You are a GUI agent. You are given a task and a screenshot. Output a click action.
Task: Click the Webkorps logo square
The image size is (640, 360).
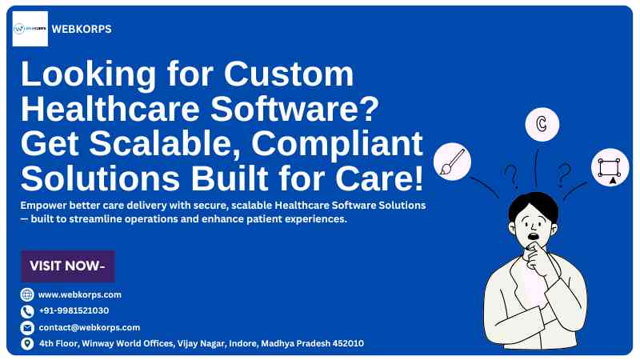click(x=30, y=29)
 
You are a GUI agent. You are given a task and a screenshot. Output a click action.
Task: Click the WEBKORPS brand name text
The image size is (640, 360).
click(x=82, y=29)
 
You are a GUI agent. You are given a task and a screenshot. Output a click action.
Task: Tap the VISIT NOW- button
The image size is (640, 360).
click(x=68, y=266)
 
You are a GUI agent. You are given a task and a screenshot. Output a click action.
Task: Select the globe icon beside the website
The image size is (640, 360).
click(x=27, y=294)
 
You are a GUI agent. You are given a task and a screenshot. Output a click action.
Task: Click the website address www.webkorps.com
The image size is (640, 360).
click(x=79, y=294)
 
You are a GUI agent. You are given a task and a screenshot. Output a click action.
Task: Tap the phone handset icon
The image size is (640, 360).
click(x=27, y=311)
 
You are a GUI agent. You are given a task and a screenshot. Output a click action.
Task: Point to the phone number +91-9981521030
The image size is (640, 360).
click(x=74, y=310)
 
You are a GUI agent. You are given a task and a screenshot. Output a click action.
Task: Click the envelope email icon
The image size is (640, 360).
click(x=27, y=328)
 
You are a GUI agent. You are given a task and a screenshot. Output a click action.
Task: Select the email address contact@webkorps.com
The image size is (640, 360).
click(x=90, y=327)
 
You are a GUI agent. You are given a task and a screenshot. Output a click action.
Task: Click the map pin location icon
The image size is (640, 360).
click(x=27, y=344)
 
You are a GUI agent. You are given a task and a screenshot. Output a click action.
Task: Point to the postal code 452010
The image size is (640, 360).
click(x=348, y=343)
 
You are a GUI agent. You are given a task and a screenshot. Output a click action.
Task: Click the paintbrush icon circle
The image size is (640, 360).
click(x=452, y=162)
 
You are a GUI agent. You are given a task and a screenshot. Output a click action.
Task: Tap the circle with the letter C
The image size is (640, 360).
click(x=542, y=124)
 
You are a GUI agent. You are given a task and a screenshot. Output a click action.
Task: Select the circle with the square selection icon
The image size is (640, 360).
click(x=610, y=167)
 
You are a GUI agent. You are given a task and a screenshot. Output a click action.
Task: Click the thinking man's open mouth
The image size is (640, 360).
click(x=533, y=236)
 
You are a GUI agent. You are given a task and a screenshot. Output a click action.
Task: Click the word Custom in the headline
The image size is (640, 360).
click(x=289, y=74)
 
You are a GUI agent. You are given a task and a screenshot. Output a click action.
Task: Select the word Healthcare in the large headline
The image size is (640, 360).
click(x=110, y=109)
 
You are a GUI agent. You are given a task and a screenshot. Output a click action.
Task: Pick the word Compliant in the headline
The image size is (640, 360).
click(x=337, y=144)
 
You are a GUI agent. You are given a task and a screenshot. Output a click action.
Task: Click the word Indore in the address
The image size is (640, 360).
click(x=244, y=344)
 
